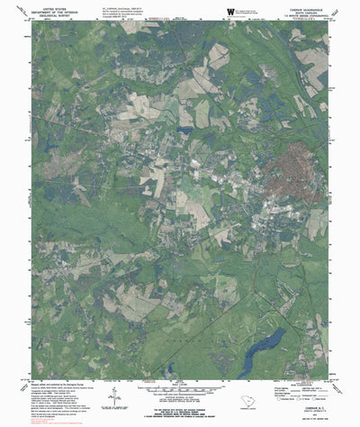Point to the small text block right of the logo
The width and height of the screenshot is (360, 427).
(x=256, y=11)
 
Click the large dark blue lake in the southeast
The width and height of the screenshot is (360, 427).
(x=261, y=347)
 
